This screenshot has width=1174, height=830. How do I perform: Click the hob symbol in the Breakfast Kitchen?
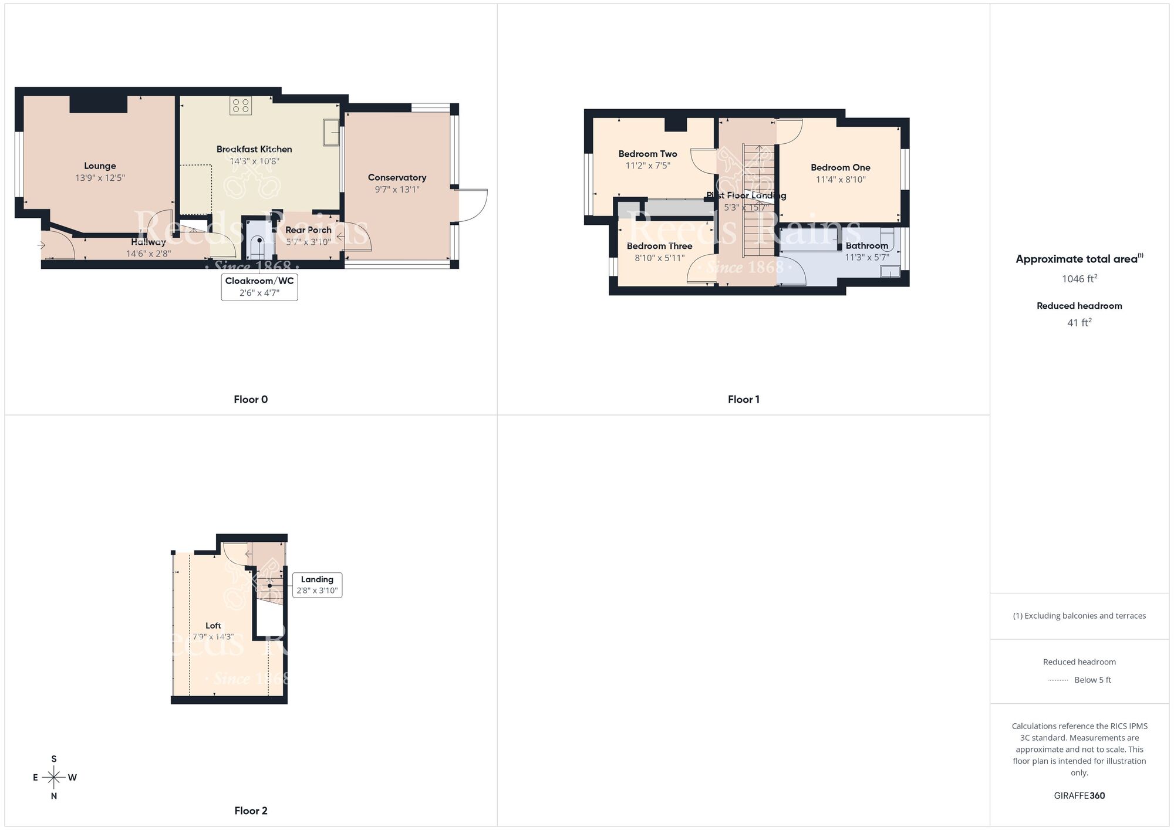(x=241, y=106)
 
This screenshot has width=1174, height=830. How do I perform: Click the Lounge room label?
(x=100, y=166)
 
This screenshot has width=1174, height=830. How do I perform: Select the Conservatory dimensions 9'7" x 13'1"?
(x=397, y=190)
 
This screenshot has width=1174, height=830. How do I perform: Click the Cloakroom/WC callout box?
(x=259, y=286)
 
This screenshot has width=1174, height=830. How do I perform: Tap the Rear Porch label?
(x=308, y=230)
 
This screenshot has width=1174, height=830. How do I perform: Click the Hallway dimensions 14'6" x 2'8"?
(x=149, y=254)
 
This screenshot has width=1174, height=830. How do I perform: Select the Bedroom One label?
(x=840, y=168)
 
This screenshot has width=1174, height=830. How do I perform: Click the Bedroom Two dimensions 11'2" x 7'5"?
(x=647, y=166)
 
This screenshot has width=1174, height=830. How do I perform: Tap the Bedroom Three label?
(x=659, y=246)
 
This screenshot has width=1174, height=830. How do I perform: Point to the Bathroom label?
(x=866, y=246)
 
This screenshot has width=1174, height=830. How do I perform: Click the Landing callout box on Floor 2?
(x=317, y=585)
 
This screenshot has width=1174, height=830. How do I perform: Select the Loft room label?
(x=213, y=626)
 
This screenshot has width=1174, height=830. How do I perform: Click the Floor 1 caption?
(x=743, y=399)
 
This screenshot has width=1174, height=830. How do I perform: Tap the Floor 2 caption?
(x=251, y=811)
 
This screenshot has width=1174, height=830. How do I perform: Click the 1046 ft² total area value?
(x=1079, y=279)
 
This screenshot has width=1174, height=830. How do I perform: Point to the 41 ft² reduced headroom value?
(x=1079, y=323)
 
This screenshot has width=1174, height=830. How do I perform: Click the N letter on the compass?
(x=54, y=797)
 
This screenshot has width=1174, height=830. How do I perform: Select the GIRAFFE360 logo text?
(x=1079, y=796)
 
